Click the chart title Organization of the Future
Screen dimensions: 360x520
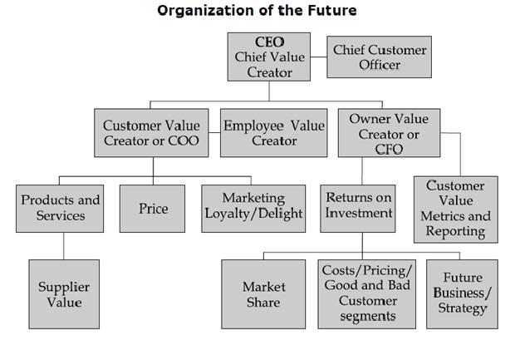point(257,11)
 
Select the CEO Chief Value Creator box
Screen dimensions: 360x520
point(269,57)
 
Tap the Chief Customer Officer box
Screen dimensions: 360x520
point(380,57)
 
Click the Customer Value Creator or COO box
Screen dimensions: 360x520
point(151,133)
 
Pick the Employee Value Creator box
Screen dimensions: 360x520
point(273,133)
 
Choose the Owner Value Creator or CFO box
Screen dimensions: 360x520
point(382,133)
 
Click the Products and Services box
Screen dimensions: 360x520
point(61,208)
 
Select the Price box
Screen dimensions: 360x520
point(154,208)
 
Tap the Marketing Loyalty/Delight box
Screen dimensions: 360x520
point(254,208)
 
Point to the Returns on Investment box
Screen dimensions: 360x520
point(359,208)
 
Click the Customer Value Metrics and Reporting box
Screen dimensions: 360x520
point(455,209)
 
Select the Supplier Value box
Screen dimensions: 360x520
point(64,294)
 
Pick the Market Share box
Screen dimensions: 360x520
point(263,294)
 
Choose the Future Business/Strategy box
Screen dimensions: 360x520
point(463,294)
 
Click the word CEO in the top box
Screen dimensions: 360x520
point(269,42)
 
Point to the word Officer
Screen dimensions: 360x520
point(380,65)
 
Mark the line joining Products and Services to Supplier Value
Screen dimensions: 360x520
point(64,246)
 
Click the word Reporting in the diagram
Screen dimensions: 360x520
point(455,231)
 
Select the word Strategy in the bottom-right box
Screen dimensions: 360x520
point(463,308)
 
